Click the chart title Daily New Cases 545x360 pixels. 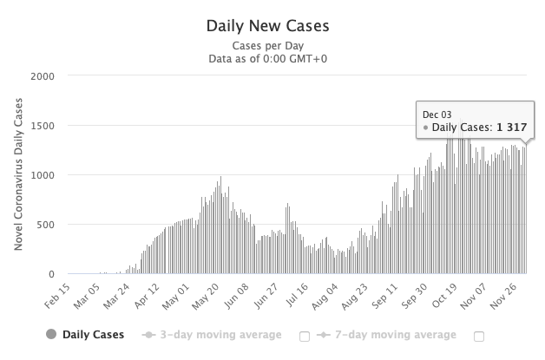click(x=272, y=25)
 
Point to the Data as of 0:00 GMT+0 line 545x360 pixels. click(x=272, y=59)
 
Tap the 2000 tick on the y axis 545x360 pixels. click(x=42, y=75)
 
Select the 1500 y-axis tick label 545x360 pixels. click(x=42, y=126)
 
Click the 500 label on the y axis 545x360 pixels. click(x=44, y=225)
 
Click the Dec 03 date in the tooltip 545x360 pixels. click(x=437, y=114)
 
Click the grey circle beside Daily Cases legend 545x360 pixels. click(x=50, y=334)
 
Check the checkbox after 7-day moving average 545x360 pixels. click(x=479, y=336)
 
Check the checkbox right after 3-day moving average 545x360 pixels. click(x=305, y=336)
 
